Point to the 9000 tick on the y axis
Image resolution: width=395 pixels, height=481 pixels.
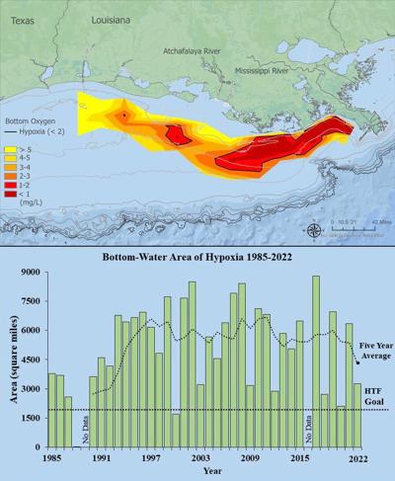click(x=31, y=273)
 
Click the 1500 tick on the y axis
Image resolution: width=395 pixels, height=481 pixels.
click(x=31, y=418)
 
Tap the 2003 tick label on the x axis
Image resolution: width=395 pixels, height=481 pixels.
click(x=199, y=459)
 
